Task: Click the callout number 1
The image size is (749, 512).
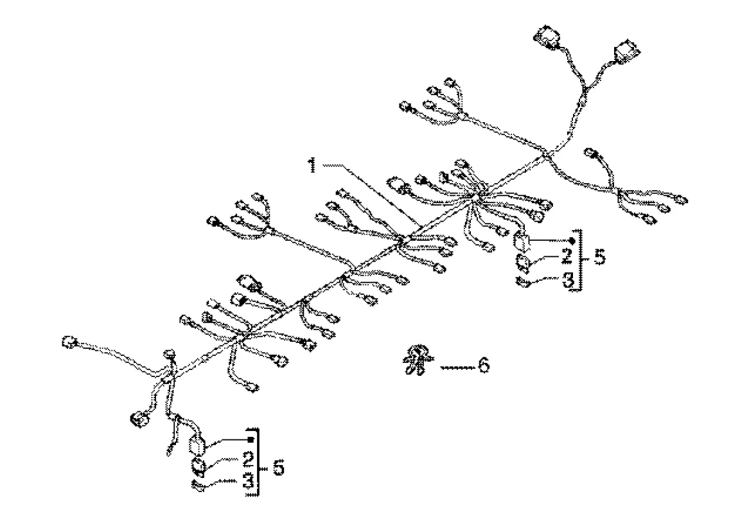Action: point(311,166)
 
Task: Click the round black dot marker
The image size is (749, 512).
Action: point(570,239)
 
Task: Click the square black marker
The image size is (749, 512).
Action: point(252,439)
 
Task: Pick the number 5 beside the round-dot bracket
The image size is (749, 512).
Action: point(599,258)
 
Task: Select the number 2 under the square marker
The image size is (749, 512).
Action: point(247,460)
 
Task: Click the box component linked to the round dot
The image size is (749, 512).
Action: point(522,242)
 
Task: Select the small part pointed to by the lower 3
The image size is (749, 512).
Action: point(198,487)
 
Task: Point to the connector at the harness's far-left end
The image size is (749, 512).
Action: point(68,342)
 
